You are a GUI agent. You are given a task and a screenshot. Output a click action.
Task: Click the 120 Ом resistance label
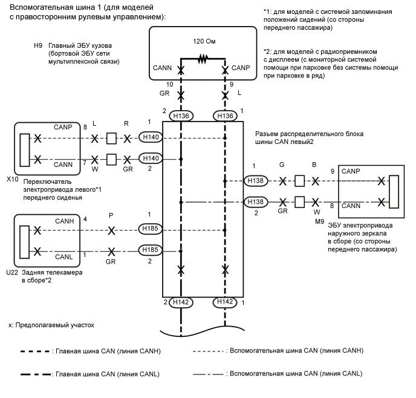click(x=203, y=45)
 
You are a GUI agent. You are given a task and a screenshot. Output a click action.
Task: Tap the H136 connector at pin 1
click(x=225, y=115)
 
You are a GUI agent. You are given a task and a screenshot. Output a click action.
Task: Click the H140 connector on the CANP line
click(x=151, y=138)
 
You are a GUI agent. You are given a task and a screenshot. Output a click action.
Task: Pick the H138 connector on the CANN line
click(x=255, y=202)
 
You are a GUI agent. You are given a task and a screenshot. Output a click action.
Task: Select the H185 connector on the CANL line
click(x=151, y=249)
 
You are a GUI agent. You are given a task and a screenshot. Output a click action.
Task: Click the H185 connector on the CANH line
click(x=151, y=228)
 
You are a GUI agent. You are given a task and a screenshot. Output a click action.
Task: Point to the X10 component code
click(x=11, y=180)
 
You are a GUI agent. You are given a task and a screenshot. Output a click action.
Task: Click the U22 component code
click(x=11, y=272)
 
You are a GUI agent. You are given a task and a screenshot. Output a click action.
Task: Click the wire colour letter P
click(x=111, y=215)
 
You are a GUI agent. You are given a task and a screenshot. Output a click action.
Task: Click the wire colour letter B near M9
click(x=314, y=164)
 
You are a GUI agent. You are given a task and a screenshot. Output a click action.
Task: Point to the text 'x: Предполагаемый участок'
click(x=51, y=325)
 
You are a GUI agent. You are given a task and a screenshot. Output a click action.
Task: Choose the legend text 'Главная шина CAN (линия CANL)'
click(x=106, y=374)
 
